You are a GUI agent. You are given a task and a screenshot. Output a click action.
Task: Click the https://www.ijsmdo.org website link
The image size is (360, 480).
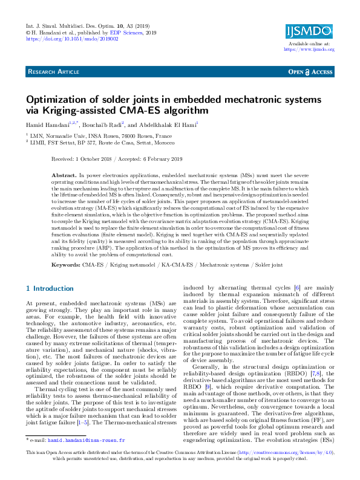pos(309,50)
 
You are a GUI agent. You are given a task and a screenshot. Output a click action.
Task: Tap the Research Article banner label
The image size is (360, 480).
pos(53,72)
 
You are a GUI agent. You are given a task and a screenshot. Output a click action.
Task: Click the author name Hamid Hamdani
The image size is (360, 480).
pos(48,124)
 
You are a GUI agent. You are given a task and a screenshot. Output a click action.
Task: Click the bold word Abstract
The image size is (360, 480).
pos(64,174)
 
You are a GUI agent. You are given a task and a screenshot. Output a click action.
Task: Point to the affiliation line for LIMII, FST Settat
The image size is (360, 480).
pos(100,143)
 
